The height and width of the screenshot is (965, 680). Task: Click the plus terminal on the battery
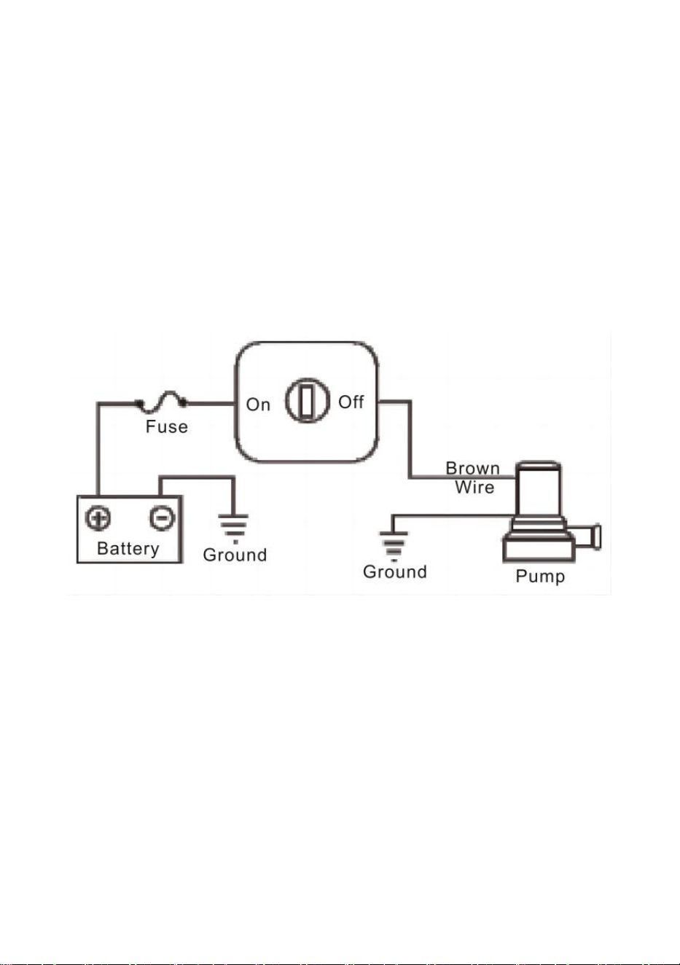(x=98, y=517)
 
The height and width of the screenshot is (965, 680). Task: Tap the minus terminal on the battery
(x=162, y=517)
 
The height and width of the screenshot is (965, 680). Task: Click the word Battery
(x=128, y=549)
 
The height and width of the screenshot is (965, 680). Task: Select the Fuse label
(x=167, y=426)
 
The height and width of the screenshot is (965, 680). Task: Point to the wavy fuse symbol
(x=161, y=402)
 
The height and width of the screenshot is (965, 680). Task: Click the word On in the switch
(x=258, y=405)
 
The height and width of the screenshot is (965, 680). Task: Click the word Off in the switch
(x=351, y=402)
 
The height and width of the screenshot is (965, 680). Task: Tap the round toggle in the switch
(x=307, y=401)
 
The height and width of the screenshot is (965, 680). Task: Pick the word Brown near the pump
(x=472, y=468)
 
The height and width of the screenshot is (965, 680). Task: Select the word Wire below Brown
(x=474, y=488)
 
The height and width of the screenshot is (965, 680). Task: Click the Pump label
(x=540, y=576)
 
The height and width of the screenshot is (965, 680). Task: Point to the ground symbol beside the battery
(x=233, y=528)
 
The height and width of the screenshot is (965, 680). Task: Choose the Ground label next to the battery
(x=235, y=555)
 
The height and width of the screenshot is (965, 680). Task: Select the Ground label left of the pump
(x=395, y=571)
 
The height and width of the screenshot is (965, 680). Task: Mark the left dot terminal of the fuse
(x=138, y=403)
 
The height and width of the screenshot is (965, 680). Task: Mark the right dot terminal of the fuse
(x=183, y=403)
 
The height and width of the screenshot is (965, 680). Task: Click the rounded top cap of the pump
(x=539, y=466)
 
